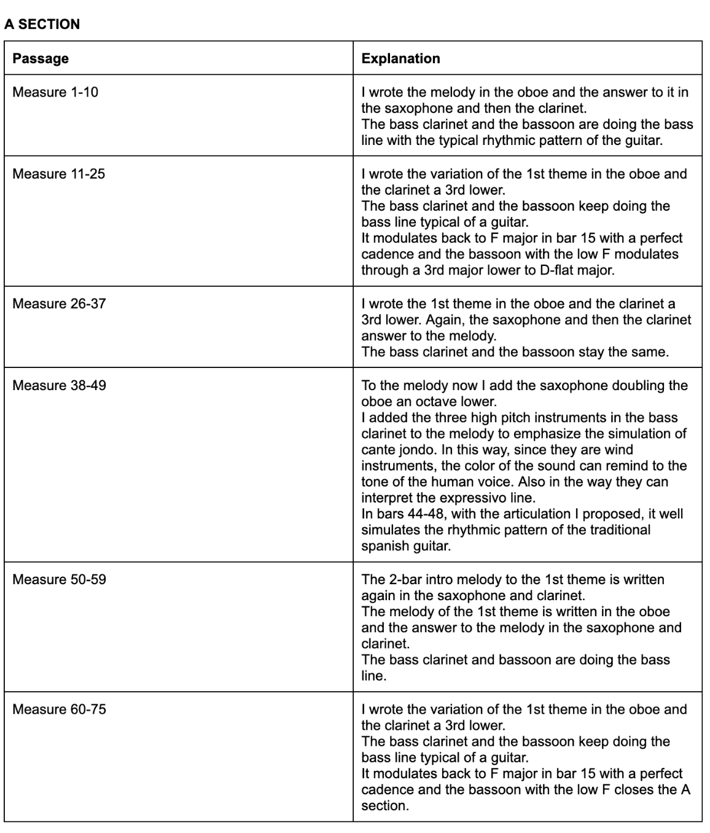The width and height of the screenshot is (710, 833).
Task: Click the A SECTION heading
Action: (x=42, y=25)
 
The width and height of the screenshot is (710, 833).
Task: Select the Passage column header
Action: (x=41, y=59)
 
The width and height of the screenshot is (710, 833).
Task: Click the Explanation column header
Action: (x=400, y=59)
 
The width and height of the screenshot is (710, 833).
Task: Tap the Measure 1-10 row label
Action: (x=55, y=93)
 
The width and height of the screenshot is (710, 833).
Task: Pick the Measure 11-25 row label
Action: (x=59, y=174)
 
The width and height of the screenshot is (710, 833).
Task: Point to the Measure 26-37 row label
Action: (x=59, y=304)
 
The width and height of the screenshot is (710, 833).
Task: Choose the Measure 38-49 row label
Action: (x=59, y=386)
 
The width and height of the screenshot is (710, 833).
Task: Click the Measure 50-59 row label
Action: (x=59, y=580)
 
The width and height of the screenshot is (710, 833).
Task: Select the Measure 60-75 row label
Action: (x=59, y=710)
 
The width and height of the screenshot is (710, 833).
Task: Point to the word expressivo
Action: (x=461, y=498)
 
